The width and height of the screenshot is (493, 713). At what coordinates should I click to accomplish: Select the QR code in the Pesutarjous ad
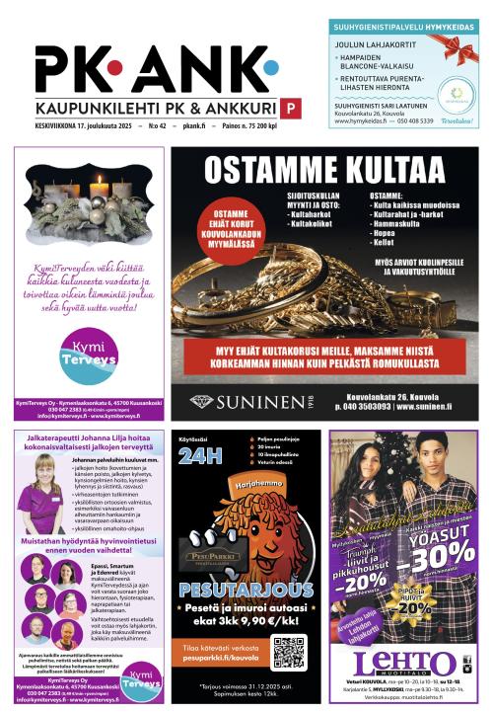289,652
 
